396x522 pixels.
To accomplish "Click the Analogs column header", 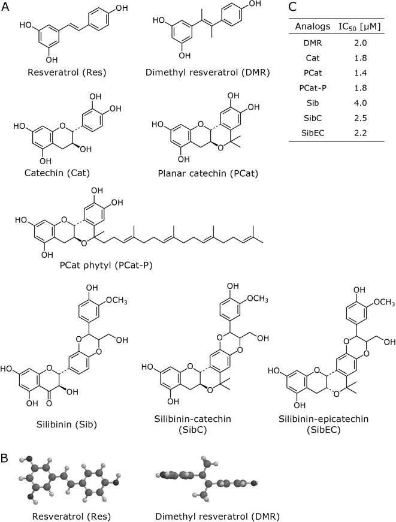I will [x=310, y=27].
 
